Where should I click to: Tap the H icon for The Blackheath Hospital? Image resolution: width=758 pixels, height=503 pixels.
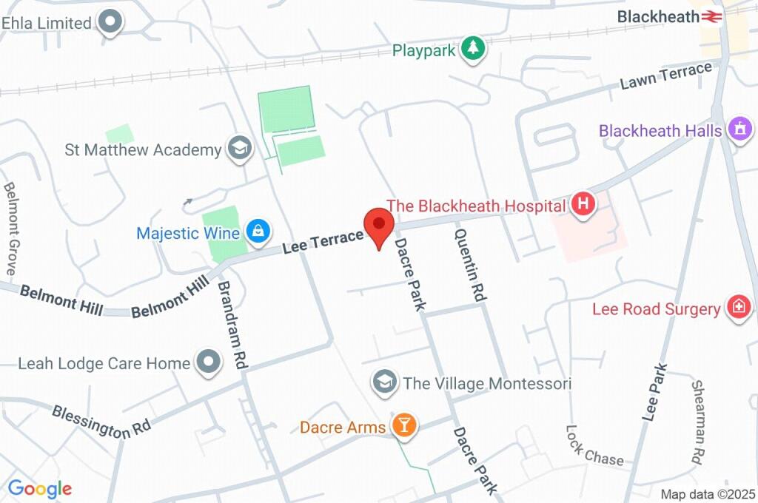583,205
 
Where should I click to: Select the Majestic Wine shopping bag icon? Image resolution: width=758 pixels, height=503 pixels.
257,232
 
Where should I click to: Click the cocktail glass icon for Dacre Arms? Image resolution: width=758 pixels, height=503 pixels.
403,425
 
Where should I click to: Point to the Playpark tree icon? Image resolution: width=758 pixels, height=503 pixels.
472,50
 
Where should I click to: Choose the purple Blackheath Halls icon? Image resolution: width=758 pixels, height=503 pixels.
739,129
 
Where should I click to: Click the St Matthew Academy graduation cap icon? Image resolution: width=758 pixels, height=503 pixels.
238,149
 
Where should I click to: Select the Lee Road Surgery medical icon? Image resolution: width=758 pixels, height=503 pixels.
738,308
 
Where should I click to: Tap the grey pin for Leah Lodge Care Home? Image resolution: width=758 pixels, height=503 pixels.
207,362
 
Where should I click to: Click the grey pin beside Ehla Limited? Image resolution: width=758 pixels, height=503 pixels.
111,22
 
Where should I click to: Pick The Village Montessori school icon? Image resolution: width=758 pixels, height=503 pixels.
383,382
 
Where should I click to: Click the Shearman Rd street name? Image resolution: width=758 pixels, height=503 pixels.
697,423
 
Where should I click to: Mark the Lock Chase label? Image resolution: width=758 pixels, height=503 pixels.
594,445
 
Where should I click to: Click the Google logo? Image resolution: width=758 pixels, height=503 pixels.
40,489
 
